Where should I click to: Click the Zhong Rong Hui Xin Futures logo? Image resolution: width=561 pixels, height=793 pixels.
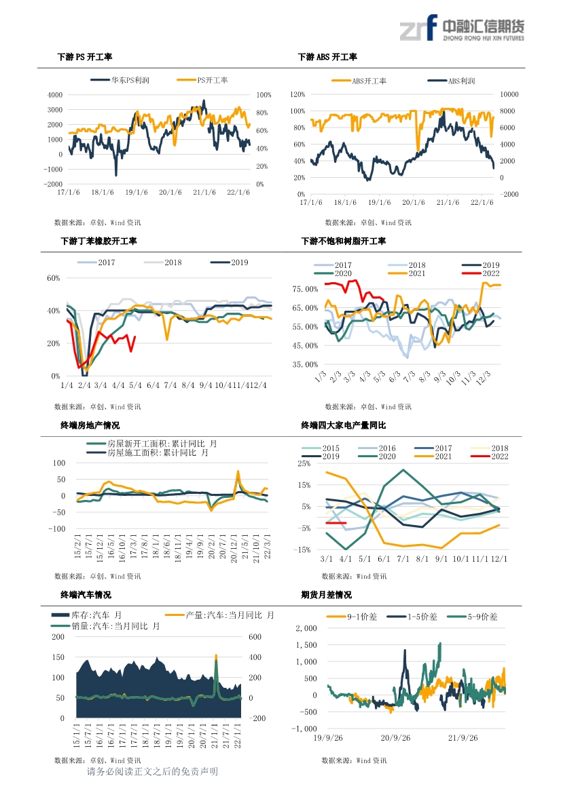click(462, 28)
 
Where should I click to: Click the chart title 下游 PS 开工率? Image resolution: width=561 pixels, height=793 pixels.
click(84, 57)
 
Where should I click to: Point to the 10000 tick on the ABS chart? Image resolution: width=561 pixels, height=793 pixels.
click(509, 94)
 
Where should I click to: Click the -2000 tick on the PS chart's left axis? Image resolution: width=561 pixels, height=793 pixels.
click(53, 184)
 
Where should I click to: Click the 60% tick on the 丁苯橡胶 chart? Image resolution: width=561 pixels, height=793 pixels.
click(53, 278)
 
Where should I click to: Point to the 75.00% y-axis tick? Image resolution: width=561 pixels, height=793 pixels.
click(306, 289)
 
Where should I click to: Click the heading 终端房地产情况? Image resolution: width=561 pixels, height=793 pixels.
click(90, 425)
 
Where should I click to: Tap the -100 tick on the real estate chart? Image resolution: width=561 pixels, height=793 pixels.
click(56, 529)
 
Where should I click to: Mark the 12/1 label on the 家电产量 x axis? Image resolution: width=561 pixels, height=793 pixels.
click(499, 559)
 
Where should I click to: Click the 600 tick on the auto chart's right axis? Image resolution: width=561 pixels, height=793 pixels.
click(255, 637)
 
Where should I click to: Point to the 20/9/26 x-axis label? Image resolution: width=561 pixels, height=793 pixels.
click(395, 738)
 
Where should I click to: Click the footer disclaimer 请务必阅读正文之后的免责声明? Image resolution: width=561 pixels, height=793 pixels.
click(152, 772)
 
